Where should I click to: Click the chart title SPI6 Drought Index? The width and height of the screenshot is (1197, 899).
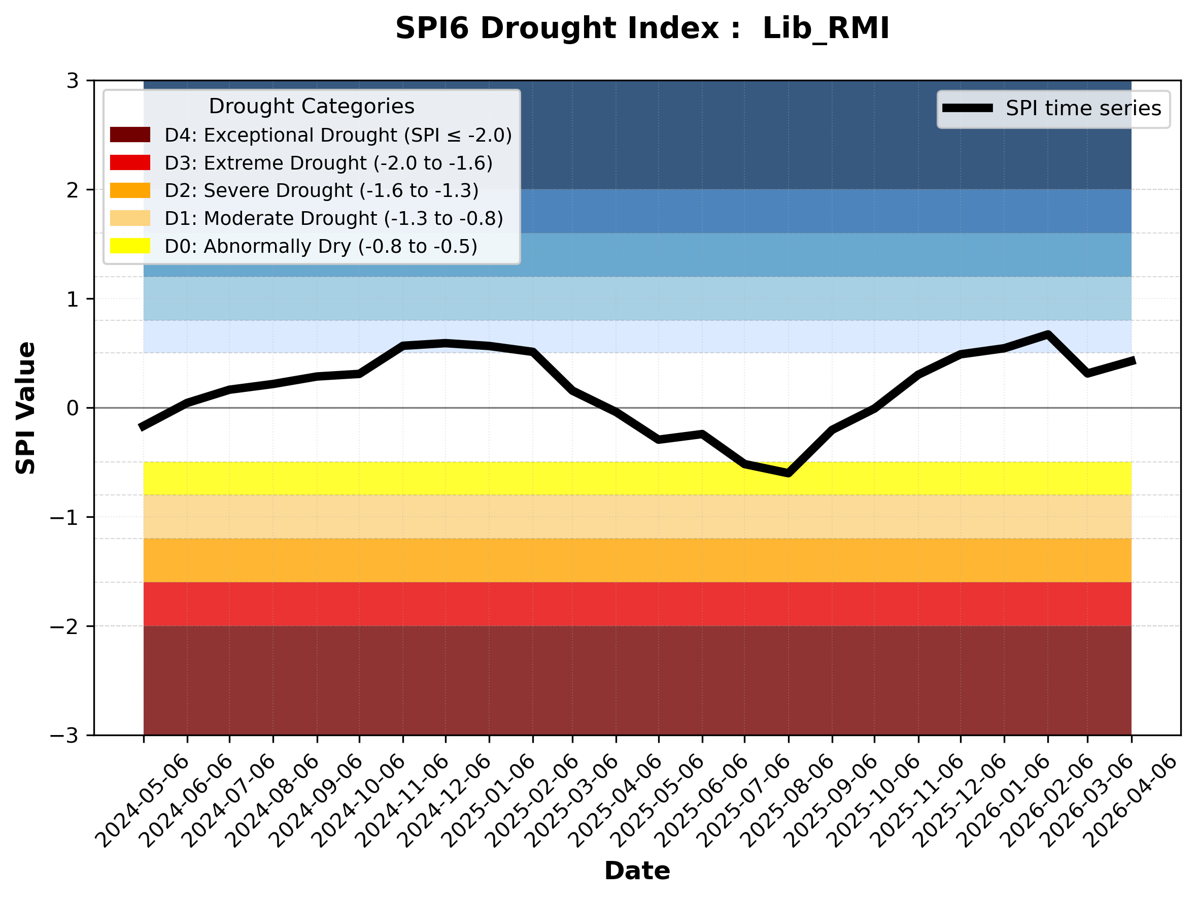pos(642,28)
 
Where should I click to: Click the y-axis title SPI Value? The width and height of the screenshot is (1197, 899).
pos(25,408)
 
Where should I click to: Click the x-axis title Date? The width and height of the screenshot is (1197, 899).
pos(637,871)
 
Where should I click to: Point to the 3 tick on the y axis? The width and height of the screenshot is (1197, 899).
pos(73,81)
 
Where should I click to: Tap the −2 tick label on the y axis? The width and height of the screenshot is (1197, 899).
pos(64,627)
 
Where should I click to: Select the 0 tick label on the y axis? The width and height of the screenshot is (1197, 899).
pos(73,408)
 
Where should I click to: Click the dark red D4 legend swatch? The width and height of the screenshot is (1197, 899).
pos(130,135)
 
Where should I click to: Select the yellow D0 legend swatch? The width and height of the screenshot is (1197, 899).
pos(130,246)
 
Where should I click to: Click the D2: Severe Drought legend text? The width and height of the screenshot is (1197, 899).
pos(321,190)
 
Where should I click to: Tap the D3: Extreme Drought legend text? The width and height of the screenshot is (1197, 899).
pos(328,163)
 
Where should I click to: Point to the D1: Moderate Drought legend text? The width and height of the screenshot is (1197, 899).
pos(333,218)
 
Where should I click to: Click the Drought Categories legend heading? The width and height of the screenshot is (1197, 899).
pos(312,106)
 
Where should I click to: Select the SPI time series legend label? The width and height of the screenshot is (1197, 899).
pos(1083,108)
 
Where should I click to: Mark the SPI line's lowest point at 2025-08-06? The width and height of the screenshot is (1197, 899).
pos(789,474)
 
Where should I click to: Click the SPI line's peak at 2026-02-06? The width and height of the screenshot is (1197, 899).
pos(1048,335)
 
